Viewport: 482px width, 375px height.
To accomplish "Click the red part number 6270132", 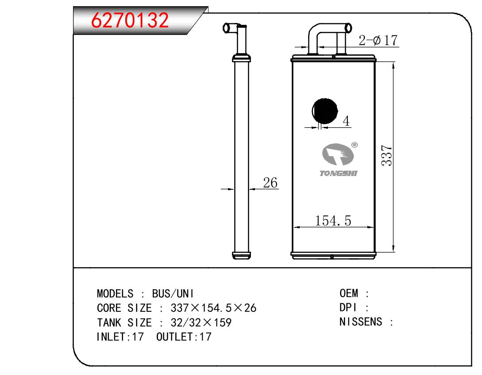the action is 130,20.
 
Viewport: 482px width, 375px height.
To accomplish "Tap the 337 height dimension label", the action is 387,156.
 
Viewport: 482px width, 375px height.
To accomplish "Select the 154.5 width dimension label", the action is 333,221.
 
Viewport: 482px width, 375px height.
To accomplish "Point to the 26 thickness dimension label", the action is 270,183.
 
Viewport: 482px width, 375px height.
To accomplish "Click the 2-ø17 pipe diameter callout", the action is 378,40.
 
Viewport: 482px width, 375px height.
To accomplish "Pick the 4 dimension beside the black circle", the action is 346,121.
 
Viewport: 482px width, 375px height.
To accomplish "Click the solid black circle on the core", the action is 324,111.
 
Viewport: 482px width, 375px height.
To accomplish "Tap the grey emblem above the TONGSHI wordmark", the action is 337,154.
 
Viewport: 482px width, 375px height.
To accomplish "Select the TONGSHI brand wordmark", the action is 338,173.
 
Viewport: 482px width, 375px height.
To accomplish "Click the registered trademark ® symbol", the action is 354,145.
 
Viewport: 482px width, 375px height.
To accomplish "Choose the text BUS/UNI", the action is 173,294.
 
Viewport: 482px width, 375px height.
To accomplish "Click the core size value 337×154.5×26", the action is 213,308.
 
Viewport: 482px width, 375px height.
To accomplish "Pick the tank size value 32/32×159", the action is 201,322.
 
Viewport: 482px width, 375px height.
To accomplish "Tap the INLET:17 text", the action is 120,337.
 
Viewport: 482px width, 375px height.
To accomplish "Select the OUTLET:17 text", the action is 184,337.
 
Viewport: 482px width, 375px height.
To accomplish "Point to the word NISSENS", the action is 361,321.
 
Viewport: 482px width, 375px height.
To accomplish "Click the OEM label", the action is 349,293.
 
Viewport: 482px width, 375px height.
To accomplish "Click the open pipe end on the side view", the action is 226,28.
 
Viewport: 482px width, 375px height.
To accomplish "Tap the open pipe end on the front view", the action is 348,28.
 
